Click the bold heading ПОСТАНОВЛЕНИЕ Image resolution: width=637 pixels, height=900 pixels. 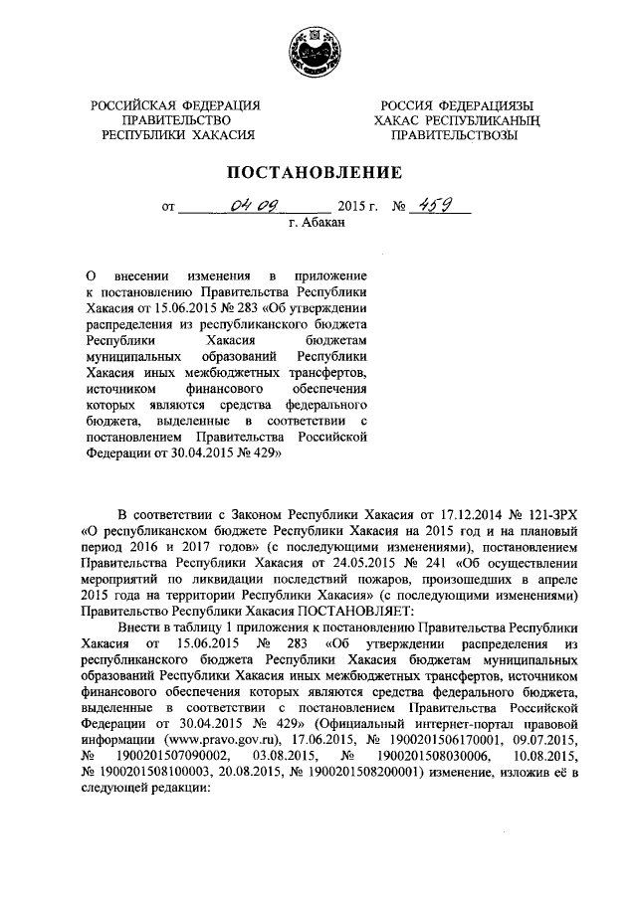point(318,171)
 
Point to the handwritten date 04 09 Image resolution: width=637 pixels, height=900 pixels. point(253,207)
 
